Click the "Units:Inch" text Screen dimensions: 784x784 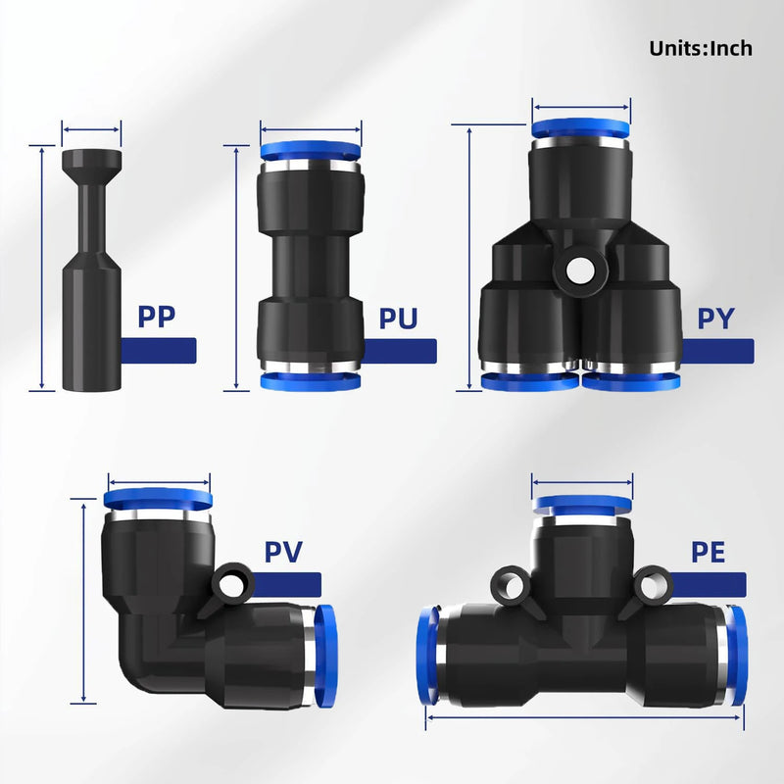(701, 48)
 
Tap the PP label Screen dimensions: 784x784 (157, 316)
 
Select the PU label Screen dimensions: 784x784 (398, 318)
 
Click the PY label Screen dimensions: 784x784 (716, 318)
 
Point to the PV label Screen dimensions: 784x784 (283, 552)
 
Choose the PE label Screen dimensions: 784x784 (708, 552)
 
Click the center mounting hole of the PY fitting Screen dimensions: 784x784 (580, 271)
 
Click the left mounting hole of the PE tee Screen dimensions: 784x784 (510, 586)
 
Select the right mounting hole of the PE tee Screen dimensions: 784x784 (651, 586)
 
